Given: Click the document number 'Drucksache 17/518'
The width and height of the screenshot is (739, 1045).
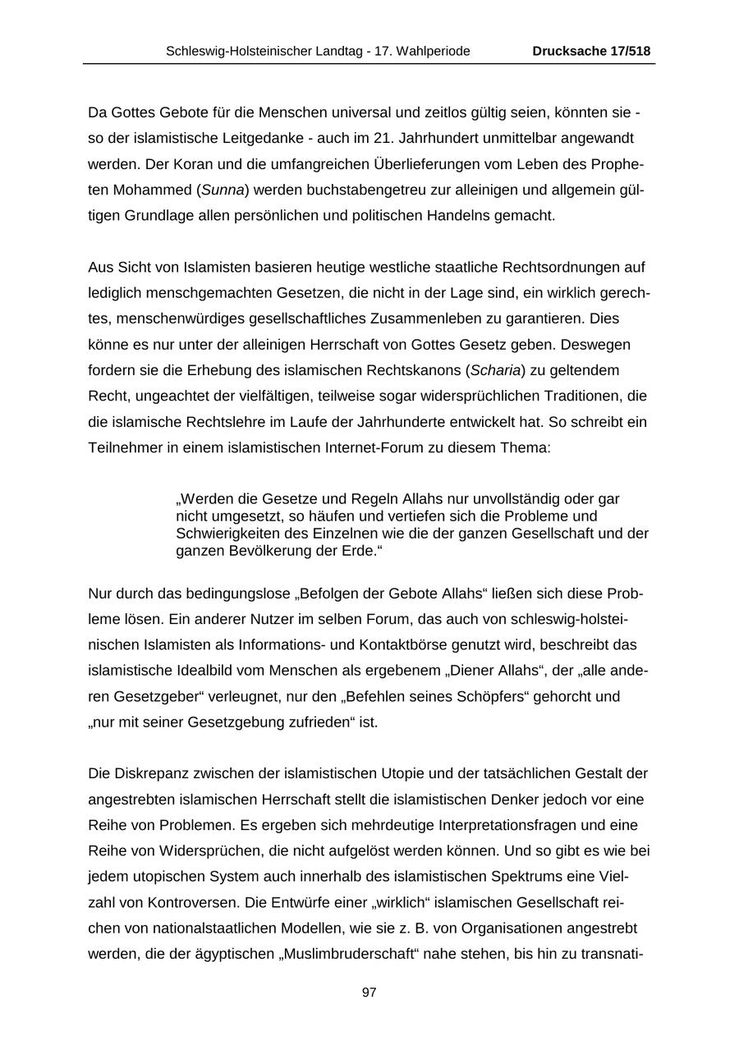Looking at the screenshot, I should pos(591,51).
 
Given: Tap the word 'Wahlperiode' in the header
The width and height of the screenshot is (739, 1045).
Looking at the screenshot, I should pos(434,51).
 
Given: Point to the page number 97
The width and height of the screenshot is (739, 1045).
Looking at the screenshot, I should pos(369,992).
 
